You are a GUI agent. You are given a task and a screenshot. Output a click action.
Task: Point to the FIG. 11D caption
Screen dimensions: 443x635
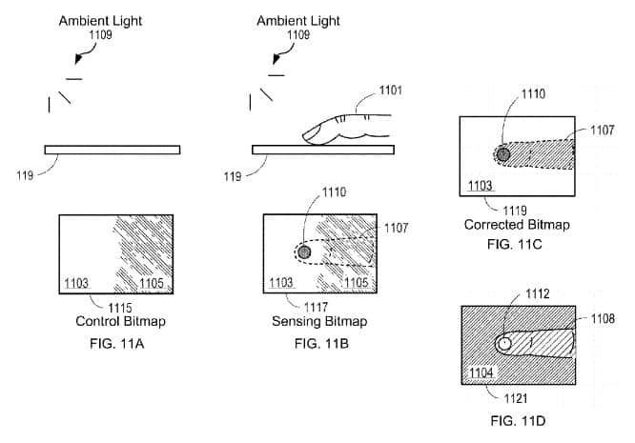click(519, 419)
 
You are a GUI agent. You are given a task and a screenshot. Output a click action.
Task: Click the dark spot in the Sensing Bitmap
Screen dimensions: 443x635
click(304, 252)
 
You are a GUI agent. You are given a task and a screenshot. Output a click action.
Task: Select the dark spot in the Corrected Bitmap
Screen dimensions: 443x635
click(504, 154)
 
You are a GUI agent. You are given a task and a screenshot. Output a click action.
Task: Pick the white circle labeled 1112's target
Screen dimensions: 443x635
click(505, 343)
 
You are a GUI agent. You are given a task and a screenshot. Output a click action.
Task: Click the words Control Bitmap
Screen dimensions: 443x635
click(115, 321)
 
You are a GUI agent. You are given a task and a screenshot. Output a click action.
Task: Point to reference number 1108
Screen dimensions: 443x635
click(616, 318)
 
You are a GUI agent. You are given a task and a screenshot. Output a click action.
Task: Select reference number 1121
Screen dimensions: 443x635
click(515, 396)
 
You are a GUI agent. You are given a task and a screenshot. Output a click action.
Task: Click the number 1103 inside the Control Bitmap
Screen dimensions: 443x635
click(77, 283)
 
